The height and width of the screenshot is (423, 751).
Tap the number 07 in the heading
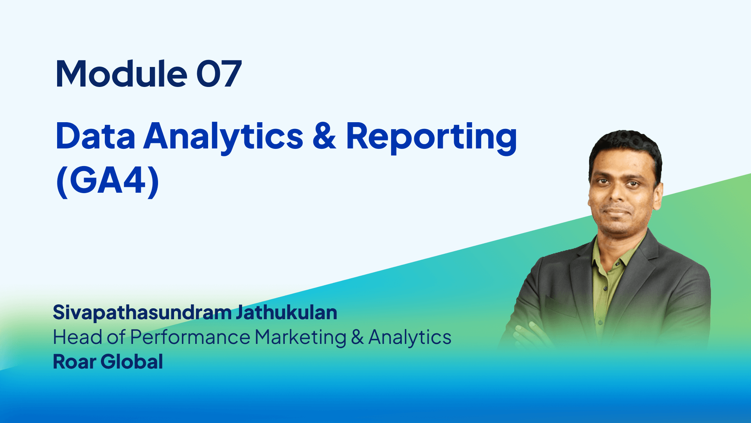coord(219,74)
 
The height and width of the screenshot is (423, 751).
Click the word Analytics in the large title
coord(223,138)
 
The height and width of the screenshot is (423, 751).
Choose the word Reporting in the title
coord(431,138)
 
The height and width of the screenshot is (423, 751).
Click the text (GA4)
coord(108,181)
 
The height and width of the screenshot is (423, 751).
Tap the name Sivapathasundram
coord(142,313)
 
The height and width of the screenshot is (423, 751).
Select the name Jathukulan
coord(286,312)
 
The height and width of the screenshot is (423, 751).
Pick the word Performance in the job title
coord(190,337)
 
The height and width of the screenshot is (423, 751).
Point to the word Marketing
coord(300,338)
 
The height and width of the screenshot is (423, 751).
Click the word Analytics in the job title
coord(410,338)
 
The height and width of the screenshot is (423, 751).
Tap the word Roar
coord(74,362)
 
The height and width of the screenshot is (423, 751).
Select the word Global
coord(132,362)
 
